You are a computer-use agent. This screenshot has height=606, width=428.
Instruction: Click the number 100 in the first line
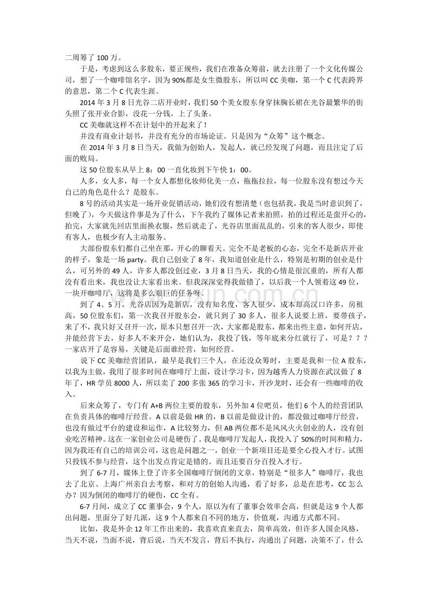[102, 58]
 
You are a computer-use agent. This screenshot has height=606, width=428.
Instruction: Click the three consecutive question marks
[352, 337]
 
